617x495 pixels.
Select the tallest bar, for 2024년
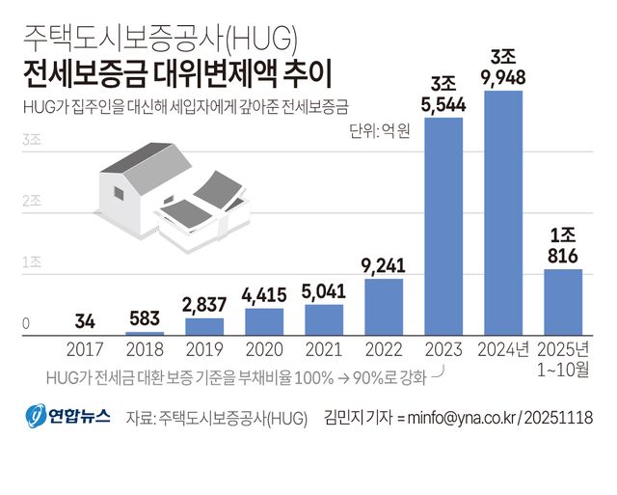click(503, 212)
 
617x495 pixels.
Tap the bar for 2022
click(384, 306)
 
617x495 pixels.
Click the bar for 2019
click(204, 326)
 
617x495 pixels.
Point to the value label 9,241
click(384, 264)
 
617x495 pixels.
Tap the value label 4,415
click(264, 294)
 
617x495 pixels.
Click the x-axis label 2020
click(264, 349)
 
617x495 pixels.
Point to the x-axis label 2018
click(145, 349)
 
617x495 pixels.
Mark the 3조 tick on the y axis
click(31, 140)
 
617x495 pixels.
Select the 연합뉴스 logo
click(67, 417)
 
